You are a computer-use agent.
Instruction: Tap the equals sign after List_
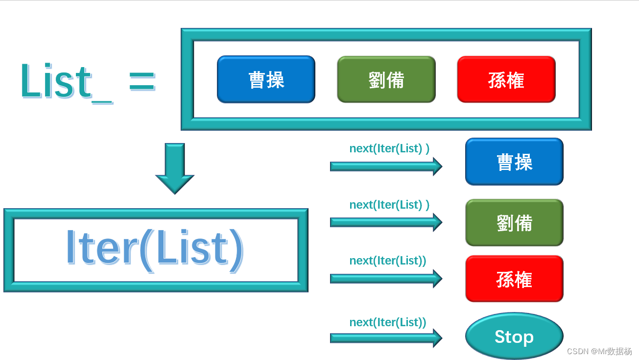click(x=142, y=81)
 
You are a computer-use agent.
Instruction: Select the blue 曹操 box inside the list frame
click(x=266, y=79)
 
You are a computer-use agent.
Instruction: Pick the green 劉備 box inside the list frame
click(x=386, y=79)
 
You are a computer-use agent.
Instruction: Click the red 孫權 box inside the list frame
click(x=506, y=79)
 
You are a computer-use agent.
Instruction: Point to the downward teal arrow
click(x=175, y=168)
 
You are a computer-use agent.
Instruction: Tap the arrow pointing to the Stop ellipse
click(x=386, y=338)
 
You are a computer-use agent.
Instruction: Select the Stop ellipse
click(x=514, y=336)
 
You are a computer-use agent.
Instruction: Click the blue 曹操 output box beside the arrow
click(x=514, y=162)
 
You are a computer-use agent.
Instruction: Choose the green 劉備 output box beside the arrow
click(x=514, y=222)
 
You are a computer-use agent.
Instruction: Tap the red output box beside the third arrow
click(x=514, y=279)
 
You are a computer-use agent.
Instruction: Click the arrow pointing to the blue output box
click(x=386, y=166)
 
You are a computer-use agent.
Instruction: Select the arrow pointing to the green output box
click(x=386, y=222)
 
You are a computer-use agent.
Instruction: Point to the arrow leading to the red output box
click(x=386, y=278)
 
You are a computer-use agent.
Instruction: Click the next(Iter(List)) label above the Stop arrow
click(x=387, y=322)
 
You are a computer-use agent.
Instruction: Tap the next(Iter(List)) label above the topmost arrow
click(x=389, y=148)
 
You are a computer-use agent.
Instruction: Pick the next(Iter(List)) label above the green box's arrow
click(x=389, y=205)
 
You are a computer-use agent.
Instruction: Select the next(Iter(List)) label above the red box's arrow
click(x=387, y=261)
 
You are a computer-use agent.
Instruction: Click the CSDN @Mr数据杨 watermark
click(x=599, y=351)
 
